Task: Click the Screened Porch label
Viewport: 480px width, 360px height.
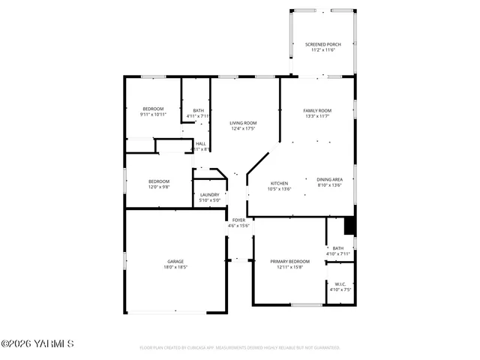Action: pos(322,44)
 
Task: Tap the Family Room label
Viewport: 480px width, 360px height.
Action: pos(317,110)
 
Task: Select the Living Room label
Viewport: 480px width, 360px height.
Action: pos(243,123)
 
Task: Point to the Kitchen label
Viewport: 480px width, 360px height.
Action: pos(279,183)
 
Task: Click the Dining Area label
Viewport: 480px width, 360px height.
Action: pos(329,179)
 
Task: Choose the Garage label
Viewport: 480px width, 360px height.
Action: pos(175,261)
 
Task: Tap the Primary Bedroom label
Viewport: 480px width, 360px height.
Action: pos(289,261)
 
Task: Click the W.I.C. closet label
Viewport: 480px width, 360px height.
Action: pos(339,283)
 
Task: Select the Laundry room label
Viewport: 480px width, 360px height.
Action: pos(209,195)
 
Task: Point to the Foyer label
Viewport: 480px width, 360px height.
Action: pos(238,220)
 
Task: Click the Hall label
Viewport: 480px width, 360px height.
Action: pos(200,143)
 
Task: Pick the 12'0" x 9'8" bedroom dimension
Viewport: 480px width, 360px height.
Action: pos(158,187)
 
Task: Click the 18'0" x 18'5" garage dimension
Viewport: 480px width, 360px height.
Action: pos(175,267)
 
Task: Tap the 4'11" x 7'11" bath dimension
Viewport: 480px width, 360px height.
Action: pos(198,115)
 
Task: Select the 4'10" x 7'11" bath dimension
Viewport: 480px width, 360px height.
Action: pos(338,254)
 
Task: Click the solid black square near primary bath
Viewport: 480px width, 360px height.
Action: pos(348,225)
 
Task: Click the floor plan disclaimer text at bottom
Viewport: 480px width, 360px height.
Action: pos(240,348)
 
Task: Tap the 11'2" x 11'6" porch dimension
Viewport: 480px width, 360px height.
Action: pos(322,50)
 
